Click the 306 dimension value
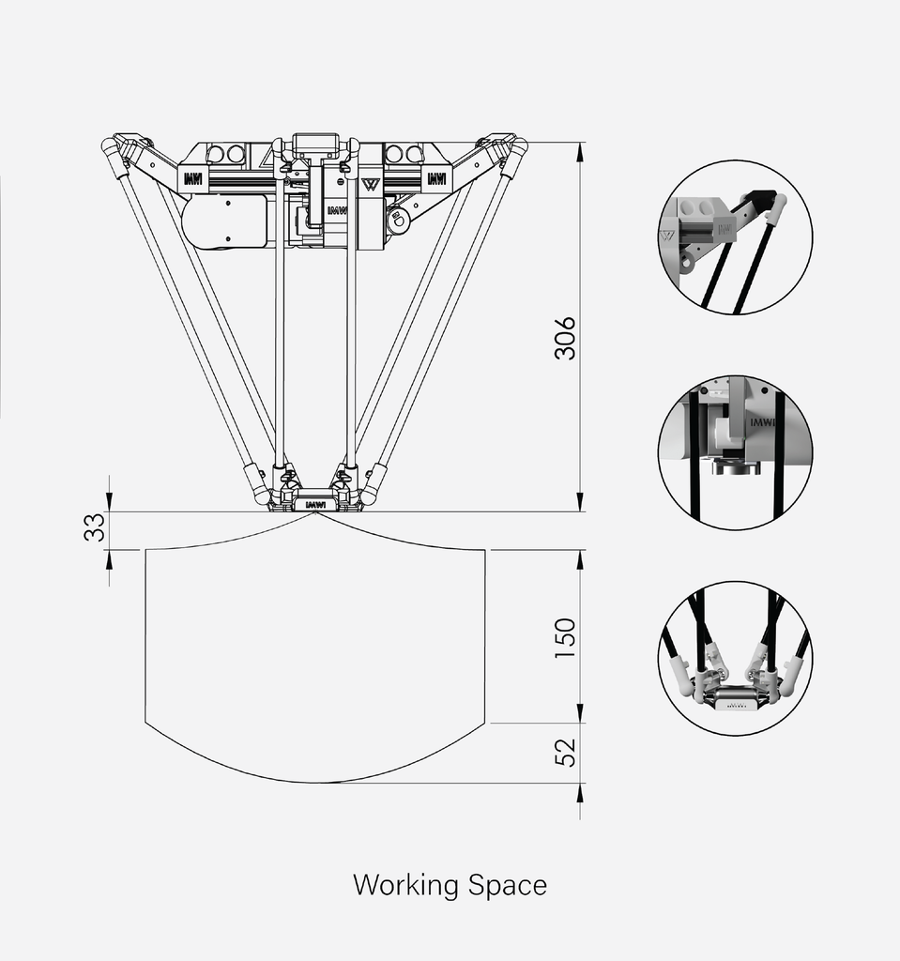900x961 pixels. click(565, 338)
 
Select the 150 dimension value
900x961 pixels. click(565, 637)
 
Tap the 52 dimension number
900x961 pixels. click(565, 751)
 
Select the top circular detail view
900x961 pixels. click(735, 236)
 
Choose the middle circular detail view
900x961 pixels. click(735, 453)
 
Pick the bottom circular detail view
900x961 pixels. click(735, 658)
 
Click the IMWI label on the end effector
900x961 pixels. click(315, 504)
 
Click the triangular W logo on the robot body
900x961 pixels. click(370, 183)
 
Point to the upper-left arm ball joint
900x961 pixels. click(112, 145)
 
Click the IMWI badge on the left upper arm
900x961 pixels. click(193, 177)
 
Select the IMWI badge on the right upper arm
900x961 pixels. click(436, 177)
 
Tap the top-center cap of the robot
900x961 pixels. click(315, 145)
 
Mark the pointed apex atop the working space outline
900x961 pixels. click(315, 512)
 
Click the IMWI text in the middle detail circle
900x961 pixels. click(765, 422)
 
